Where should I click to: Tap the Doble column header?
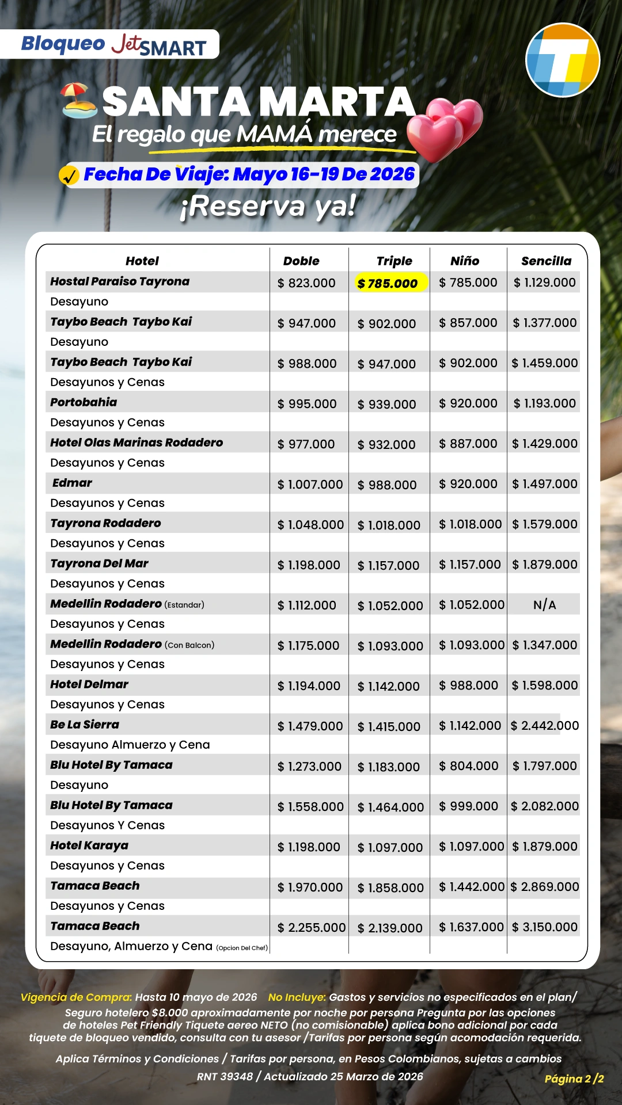301,261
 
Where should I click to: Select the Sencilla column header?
546,261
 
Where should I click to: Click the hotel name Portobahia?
84,402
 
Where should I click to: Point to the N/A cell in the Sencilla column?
544,605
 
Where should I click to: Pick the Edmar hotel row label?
72,483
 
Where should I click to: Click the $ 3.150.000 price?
545,927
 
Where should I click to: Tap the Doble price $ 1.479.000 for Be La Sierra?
310,726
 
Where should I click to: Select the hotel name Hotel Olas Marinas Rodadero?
136,443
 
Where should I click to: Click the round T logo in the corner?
563,60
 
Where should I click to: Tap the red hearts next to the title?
446,128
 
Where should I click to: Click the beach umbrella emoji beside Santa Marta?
79,101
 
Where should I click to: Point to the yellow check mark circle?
69,175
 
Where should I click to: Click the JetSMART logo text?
159,45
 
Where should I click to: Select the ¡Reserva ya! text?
268,206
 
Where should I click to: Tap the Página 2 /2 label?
574,1079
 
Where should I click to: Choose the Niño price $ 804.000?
468,766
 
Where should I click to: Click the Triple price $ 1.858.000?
390,887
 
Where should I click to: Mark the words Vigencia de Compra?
76,997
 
